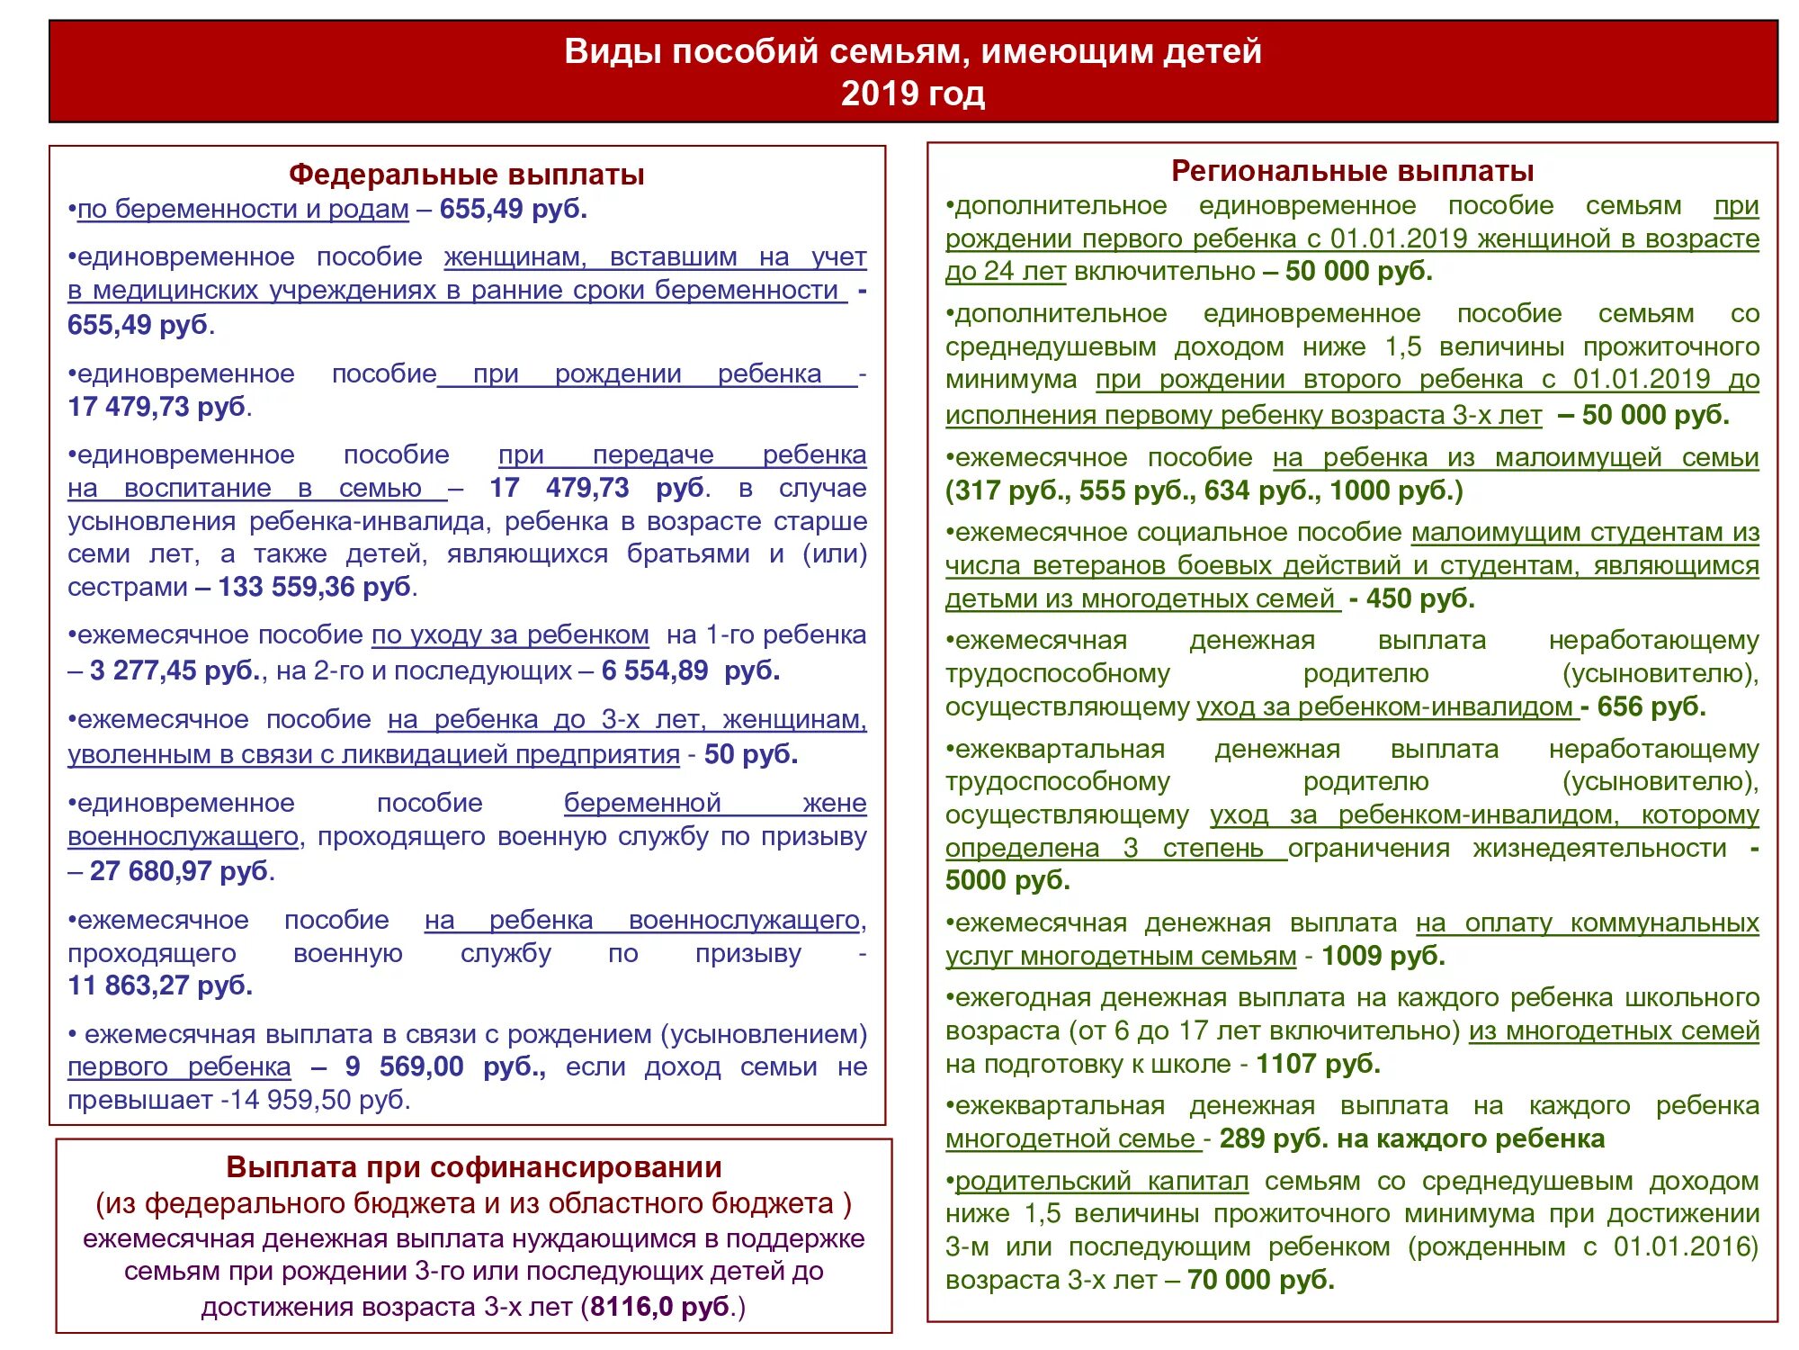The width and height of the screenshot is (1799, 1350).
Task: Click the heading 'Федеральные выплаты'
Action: (x=466, y=175)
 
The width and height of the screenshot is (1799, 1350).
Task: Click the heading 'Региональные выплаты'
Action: (x=1352, y=171)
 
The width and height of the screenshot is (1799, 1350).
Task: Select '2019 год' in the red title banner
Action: (x=912, y=94)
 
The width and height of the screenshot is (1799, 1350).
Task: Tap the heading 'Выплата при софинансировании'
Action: (x=473, y=1167)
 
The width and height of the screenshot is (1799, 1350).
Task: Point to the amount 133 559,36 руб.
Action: (x=315, y=588)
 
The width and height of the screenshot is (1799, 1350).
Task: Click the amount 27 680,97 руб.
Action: (x=180, y=871)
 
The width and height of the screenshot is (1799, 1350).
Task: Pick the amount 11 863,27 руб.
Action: (x=160, y=986)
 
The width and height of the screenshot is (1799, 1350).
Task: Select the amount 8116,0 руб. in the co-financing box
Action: (x=659, y=1307)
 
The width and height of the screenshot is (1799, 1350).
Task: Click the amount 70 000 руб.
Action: (x=1260, y=1280)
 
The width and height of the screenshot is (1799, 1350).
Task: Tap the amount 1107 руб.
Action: (x=1318, y=1065)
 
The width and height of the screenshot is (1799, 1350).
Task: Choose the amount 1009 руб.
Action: (x=1383, y=956)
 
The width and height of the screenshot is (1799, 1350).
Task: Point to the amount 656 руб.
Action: (x=1651, y=707)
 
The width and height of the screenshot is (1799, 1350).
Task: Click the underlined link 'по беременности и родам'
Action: (x=243, y=210)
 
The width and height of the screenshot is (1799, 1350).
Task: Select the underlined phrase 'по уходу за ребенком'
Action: (x=510, y=635)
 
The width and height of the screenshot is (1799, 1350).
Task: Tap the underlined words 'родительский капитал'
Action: (x=1101, y=1181)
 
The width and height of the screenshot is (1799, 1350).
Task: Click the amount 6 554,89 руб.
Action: (x=690, y=671)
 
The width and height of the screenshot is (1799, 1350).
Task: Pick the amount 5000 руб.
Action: (x=1007, y=880)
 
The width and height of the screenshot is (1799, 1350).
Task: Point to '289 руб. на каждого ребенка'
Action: (x=1411, y=1139)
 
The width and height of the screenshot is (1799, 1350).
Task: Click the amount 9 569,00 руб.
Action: (x=444, y=1067)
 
